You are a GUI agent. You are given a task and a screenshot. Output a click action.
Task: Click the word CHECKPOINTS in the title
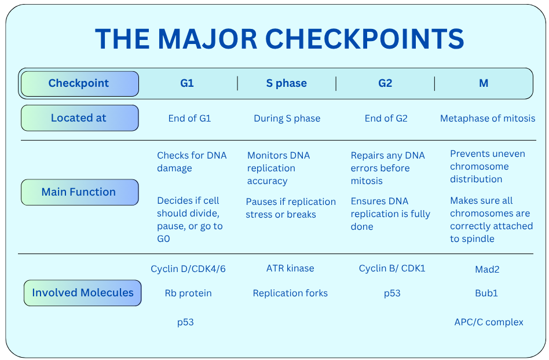tap(364, 39)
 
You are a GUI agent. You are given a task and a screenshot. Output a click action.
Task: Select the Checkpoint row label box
tap(80, 83)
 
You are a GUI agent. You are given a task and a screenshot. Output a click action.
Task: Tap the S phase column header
tap(287, 83)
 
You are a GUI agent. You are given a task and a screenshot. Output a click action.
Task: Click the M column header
tap(484, 83)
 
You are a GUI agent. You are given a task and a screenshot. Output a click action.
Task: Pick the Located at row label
tap(80, 118)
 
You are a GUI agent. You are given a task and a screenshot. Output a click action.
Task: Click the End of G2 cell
tap(386, 118)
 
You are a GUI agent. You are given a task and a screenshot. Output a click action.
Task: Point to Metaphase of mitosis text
tap(488, 118)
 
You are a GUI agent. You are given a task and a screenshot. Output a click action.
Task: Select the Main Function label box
tap(80, 192)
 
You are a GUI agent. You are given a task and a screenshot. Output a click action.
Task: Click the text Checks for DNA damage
tap(192, 161)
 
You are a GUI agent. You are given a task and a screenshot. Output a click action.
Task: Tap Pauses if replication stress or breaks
tap(291, 208)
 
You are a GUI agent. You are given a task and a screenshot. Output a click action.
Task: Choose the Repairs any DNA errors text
tap(387, 168)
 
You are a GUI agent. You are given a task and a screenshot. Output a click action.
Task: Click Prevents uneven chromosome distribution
tap(488, 166)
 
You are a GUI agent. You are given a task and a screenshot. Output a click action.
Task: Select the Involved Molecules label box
tap(83, 293)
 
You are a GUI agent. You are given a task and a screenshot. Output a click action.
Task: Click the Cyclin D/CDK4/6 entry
tap(188, 269)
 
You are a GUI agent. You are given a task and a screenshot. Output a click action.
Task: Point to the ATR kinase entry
tap(290, 268)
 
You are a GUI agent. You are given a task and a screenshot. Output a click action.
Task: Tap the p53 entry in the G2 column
tap(392, 293)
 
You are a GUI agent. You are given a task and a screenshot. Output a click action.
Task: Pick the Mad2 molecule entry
tap(487, 269)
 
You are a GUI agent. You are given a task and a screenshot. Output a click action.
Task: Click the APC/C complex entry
tap(489, 322)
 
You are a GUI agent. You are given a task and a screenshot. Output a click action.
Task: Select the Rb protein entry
tap(188, 293)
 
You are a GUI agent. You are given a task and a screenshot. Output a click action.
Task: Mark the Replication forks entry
tap(290, 293)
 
